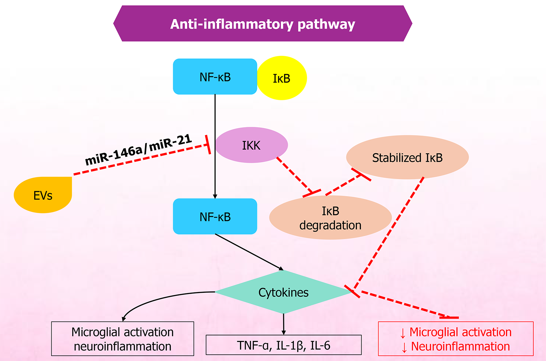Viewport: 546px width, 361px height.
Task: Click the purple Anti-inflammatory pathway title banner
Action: (263, 24)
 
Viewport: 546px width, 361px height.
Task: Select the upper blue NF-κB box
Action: (215, 77)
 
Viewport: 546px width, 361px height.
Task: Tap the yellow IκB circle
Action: (282, 78)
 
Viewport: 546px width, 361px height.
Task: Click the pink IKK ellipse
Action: (251, 145)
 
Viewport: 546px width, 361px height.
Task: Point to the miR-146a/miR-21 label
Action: (138, 150)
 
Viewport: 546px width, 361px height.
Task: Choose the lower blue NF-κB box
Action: (215, 217)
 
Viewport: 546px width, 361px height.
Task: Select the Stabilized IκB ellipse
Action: (407, 158)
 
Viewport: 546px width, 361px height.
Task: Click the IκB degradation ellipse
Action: (330, 218)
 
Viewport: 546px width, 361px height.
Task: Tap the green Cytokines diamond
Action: (283, 292)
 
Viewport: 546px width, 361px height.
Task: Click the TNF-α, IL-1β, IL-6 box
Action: (283, 345)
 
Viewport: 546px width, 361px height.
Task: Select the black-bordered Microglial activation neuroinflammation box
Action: (123, 339)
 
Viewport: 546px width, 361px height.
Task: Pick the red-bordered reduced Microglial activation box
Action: (456, 339)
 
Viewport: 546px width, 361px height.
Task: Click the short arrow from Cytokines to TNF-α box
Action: (284, 324)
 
